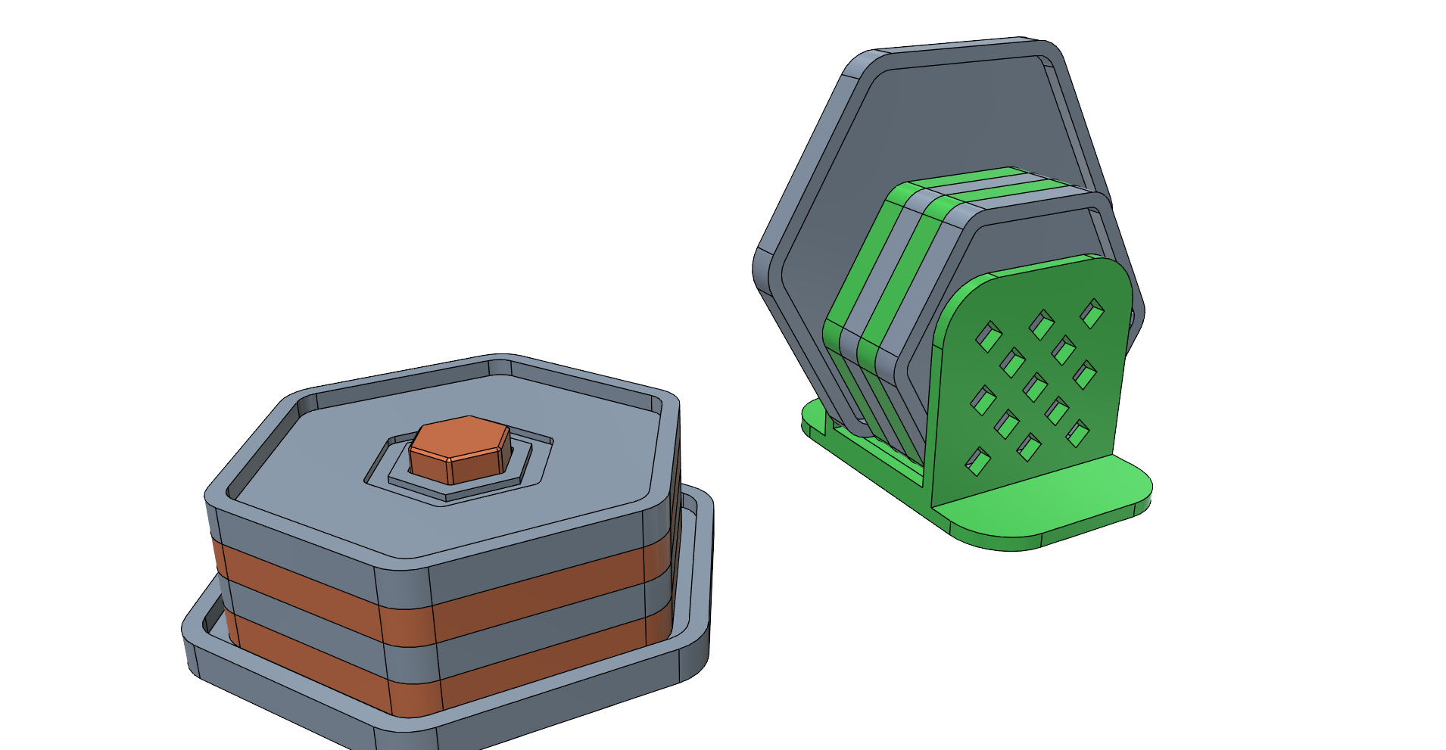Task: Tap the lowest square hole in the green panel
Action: (x=977, y=461)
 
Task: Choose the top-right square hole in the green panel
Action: (x=1092, y=313)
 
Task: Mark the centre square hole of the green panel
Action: (x=1034, y=386)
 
